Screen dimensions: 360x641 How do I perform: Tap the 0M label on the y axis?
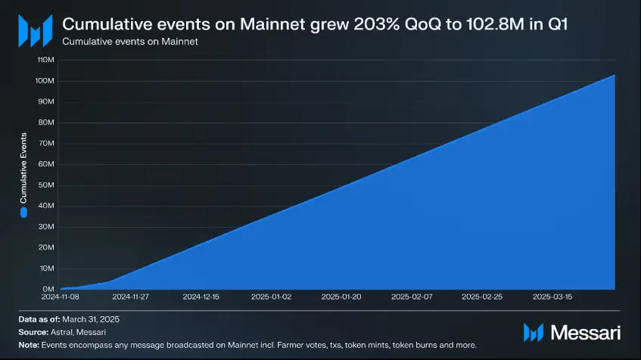point(47,289)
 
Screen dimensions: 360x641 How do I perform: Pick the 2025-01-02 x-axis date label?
point(270,297)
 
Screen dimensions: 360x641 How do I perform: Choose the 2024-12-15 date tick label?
point(201,297)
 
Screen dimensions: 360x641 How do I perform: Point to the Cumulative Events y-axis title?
point(23,169)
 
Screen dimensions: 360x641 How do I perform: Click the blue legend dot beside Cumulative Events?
point(23,213)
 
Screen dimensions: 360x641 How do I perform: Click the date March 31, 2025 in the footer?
point(90,320)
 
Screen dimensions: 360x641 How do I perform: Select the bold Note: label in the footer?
point(30,344)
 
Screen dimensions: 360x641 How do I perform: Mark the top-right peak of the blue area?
point(614,75)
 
